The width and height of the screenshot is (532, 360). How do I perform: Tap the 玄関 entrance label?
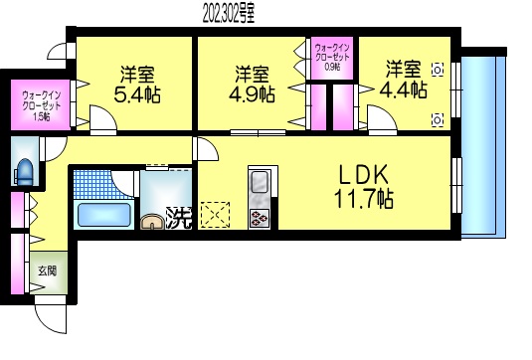[x=48, y=270]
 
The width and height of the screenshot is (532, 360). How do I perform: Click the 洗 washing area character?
[x=179, y=216]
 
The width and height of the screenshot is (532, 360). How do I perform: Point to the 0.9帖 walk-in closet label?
[x=333, y=65]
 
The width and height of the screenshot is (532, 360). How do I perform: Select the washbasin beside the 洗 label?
[x=152, y=221]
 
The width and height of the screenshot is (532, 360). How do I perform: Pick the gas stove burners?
[x=259, y=218]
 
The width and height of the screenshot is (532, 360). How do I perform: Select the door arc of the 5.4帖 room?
[x=102, y=120]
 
